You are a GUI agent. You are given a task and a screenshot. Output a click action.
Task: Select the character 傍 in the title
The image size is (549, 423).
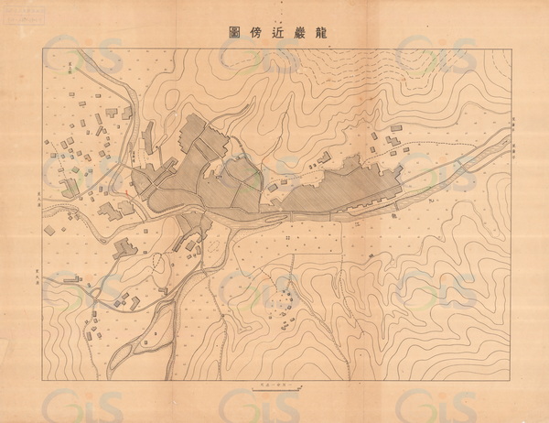tap(263, 30)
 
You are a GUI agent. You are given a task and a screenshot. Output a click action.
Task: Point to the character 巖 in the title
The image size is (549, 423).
tap(295, 30)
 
